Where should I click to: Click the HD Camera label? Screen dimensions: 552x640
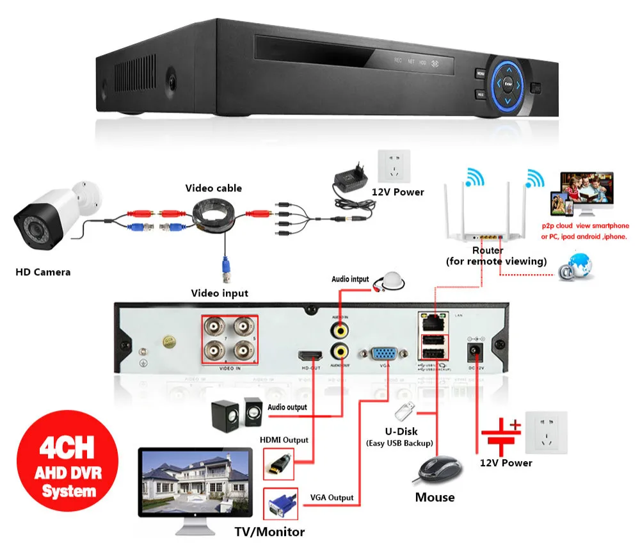click(x=43, y=272)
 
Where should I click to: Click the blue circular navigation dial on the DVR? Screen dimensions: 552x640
click(x=507, y=83)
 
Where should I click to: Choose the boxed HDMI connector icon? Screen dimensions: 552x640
click(x=279, y=462)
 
